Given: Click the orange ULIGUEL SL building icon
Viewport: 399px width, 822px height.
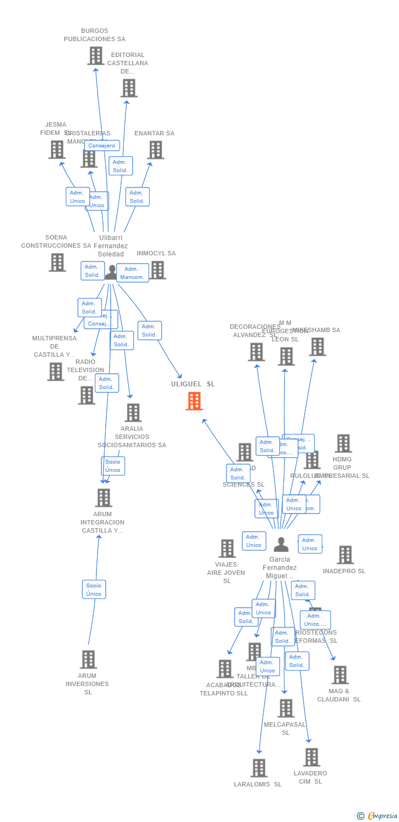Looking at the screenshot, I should coord(194,401).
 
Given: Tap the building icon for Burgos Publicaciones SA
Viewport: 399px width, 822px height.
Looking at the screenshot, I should coord(96,56).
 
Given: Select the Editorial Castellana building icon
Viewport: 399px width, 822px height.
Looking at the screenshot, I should coord(129,88).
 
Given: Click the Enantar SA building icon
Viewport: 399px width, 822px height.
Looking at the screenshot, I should coord(155,150).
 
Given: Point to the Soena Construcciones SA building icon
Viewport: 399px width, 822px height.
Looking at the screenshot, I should coord(57,262).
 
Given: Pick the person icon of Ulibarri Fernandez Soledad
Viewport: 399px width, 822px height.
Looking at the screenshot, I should coord(112,272).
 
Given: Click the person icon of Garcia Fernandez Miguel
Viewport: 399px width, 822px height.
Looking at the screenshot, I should coord(281,545).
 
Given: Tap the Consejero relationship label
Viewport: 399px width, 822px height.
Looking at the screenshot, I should coord(102,146).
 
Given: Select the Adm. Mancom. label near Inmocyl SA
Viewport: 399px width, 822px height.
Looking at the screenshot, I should coord(133,273).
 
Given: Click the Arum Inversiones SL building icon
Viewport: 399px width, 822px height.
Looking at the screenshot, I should coord(88,660).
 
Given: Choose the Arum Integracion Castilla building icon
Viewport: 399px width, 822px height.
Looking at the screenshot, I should coord(103,498).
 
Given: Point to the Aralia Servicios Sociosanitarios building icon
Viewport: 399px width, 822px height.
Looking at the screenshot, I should coord(133,413).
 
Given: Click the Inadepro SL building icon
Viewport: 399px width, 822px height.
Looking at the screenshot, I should coord(345,555).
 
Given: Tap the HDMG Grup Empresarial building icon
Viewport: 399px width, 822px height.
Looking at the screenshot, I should coord(343,443).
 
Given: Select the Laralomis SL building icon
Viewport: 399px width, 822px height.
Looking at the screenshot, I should coord(259,768).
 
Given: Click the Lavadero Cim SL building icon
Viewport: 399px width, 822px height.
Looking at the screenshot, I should coord(311,757).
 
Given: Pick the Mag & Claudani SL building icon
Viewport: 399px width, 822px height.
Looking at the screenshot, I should coord(340,675).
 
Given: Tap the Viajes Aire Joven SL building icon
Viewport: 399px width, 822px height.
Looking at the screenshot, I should coord(227,549).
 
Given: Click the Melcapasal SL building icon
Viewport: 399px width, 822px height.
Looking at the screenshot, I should coord(285,709).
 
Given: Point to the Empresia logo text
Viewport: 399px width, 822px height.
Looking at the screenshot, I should coord(382,816).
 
